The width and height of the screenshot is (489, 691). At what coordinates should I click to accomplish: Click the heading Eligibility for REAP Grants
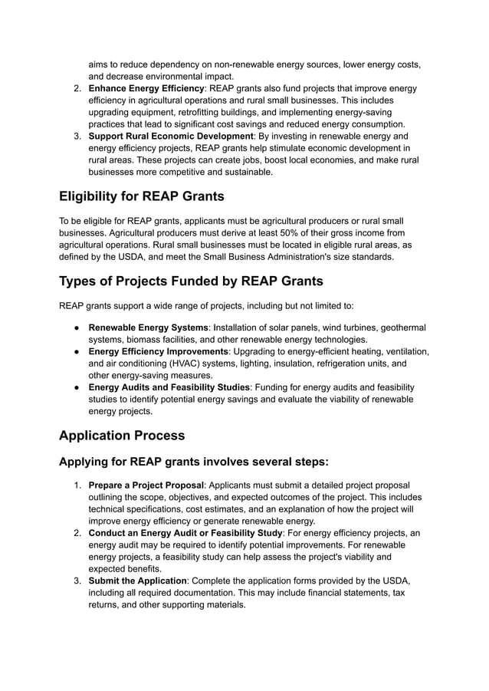[142, 196]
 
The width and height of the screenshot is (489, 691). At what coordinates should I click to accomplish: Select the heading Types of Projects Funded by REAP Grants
[191, 280]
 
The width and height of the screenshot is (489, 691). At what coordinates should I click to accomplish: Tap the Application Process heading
[122, 435]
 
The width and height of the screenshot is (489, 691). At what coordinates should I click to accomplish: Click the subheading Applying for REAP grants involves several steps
[194, 462]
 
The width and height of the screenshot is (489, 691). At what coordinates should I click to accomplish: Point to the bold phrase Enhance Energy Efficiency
[146, 88]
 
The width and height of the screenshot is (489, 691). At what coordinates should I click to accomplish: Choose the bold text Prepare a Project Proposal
[146, 485]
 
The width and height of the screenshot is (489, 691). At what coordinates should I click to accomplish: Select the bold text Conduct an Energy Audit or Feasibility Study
[185, 532]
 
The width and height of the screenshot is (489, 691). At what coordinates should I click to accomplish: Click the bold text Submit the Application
[138, 581]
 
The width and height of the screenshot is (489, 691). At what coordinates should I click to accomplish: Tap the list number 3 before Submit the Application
[77, 581]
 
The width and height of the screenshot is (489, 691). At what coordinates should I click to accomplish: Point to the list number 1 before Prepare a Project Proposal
[77, 485]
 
